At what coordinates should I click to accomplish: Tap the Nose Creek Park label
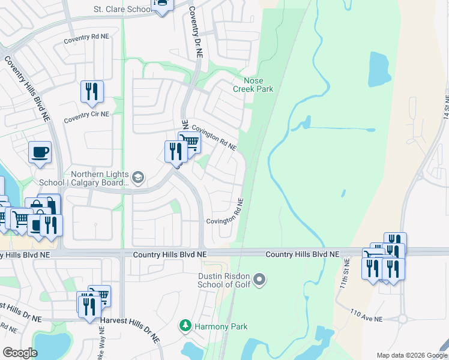(258, 85)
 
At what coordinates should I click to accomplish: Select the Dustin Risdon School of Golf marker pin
(259, 279)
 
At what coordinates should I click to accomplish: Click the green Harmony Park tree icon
(185, 326)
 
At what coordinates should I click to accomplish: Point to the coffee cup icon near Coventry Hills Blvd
(40, 152)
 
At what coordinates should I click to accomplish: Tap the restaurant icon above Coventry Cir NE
(92, 91)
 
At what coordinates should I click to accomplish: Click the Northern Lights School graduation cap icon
(138, 176)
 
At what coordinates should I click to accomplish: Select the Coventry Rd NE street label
(88, 37)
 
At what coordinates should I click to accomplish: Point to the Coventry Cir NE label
(87, 114)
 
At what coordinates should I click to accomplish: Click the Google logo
(20, 353)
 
